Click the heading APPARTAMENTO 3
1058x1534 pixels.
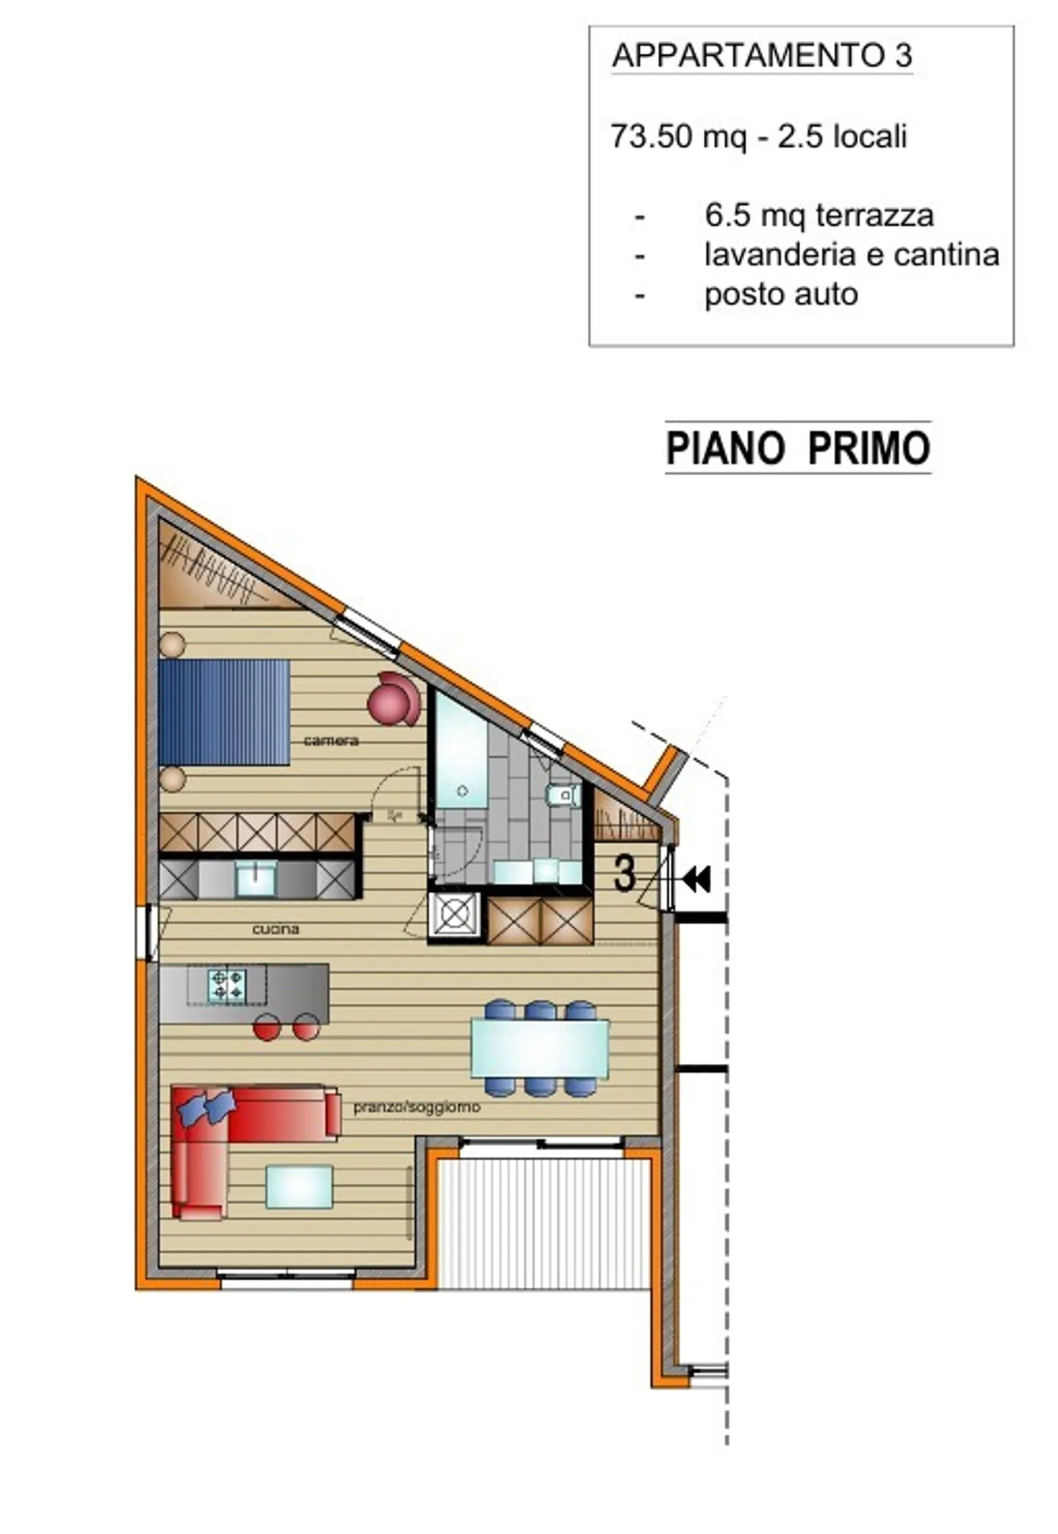point(762,56)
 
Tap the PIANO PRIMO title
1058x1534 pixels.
point(798,447)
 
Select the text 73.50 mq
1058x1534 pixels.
point(678,137)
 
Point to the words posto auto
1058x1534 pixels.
point(781,295)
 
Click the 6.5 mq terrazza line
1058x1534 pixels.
point(818,215)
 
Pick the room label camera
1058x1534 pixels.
point(331,741)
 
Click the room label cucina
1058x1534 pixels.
point(276,929)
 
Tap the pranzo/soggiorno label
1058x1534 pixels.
point(417,1106)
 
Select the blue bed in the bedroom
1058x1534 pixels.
point(224,712)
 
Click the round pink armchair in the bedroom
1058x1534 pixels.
point(395,698)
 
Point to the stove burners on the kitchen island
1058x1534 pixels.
point(226,985)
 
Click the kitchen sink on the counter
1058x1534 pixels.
point(255,877)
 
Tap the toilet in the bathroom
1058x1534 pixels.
point(564,794)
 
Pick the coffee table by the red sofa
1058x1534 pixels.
point(299,1186)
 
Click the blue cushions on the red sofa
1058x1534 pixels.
point(206,1106)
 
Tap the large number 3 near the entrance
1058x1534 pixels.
point(624,874)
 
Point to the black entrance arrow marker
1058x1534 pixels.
point(697,879)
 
